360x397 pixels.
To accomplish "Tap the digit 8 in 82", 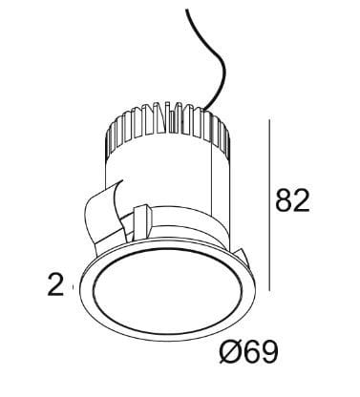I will point(284,200).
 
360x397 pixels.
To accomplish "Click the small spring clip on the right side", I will point(243,256).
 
